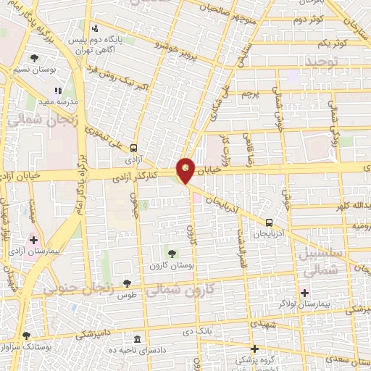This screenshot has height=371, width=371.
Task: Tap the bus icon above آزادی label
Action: (133, 147)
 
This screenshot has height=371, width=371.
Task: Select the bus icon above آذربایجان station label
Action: (269, 222)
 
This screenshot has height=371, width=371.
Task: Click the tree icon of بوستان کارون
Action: (172, 254)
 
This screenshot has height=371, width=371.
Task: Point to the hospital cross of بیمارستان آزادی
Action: (33, 239)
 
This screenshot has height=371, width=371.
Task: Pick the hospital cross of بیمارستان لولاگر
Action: (305, 293)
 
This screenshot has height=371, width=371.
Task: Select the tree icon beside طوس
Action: (128, 283)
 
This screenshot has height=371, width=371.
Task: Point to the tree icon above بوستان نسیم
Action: (33, 59)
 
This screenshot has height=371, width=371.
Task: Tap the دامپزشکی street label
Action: (93, 334)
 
